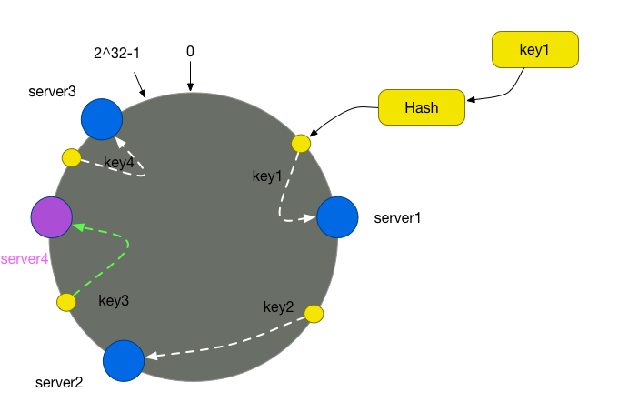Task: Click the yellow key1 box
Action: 534,50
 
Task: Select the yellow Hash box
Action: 422,107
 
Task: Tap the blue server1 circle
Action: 337,217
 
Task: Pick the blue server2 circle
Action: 124,361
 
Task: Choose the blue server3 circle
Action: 102,119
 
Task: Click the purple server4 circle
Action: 52,217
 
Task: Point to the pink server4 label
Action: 25,259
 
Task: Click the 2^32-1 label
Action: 116,53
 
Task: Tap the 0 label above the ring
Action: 190,51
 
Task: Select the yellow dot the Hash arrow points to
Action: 301,144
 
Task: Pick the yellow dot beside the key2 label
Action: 314,314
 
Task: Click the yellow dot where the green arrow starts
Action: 66,302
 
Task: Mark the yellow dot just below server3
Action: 71,157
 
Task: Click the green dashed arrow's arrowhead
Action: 78,227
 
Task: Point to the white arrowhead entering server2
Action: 152,356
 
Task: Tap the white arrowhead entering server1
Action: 310,217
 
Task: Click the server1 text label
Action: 397,218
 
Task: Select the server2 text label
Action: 59,382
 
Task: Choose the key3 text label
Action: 114,301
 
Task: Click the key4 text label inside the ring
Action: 119,163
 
